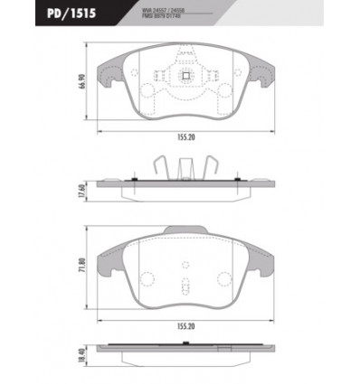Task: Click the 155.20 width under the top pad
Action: coord(187,139)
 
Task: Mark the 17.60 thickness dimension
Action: coord(82,192)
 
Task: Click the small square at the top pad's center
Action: coord(187,77)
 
